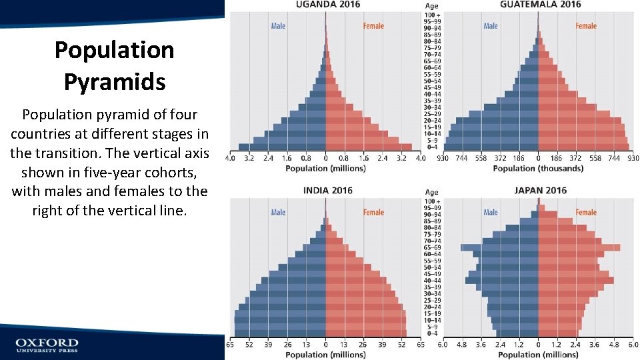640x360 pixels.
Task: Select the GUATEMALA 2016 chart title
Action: pos(540,5)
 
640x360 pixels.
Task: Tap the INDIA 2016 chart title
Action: pos(327,191)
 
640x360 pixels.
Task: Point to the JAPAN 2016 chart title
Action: pos(540,191)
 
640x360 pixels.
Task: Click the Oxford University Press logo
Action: pos(47,345)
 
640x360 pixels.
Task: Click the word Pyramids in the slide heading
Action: pos(114,82)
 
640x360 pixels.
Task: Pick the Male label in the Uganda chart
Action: pos(278,26)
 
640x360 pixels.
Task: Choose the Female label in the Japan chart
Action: pos(586,213)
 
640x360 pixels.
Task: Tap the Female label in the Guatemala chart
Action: pos(586,26)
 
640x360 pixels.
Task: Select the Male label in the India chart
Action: pos(278,213)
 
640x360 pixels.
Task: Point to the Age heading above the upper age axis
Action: pos(432,6)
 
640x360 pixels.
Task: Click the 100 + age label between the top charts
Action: pos(432,15)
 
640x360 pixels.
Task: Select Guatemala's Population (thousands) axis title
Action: pos(538,169)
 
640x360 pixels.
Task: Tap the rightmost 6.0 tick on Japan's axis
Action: pos(633,346)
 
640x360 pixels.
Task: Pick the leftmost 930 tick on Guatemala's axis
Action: pos(443,159)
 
